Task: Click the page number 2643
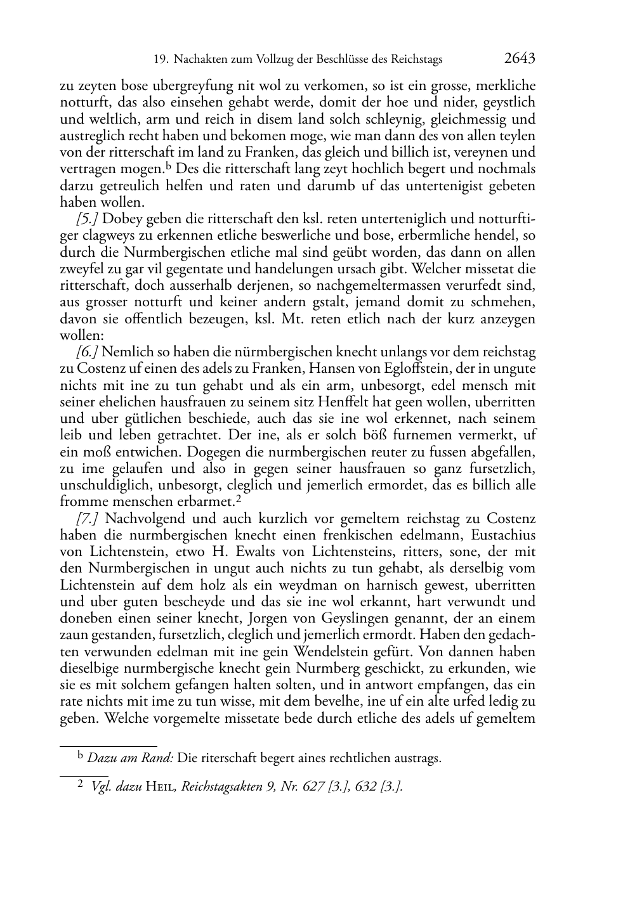click(x=520, y=59)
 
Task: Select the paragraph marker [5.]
click(x=87, y=219)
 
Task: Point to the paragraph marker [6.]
click(x=87, y=352)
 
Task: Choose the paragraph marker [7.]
click(x=87, y=519)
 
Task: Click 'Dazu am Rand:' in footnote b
click(x=130, y=758)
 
